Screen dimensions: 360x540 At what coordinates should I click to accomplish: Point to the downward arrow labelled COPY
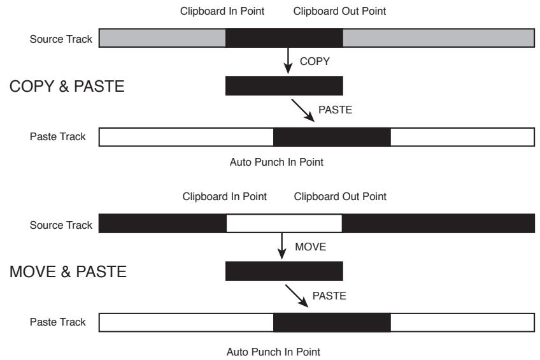click(x=287, y=61)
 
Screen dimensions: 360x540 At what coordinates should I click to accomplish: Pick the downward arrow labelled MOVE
click(x=281, y=246)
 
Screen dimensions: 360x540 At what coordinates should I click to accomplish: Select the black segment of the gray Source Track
click(x=284, y=38)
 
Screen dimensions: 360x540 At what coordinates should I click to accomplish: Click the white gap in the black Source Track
click(x=284, y=224)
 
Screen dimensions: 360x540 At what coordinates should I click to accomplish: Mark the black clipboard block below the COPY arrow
click(x=284, y=86)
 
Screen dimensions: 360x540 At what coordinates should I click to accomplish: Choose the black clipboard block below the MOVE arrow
click(x=284, y=271)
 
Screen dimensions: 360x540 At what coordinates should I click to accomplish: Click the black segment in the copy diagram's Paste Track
click(x=332, y=136)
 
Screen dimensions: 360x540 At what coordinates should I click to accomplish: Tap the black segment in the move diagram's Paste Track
click(x=332, y=322)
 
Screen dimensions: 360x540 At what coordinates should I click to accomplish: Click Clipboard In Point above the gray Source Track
click(x=218, y=11)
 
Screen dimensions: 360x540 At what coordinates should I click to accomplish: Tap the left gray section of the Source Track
click(x=162, y=38)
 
